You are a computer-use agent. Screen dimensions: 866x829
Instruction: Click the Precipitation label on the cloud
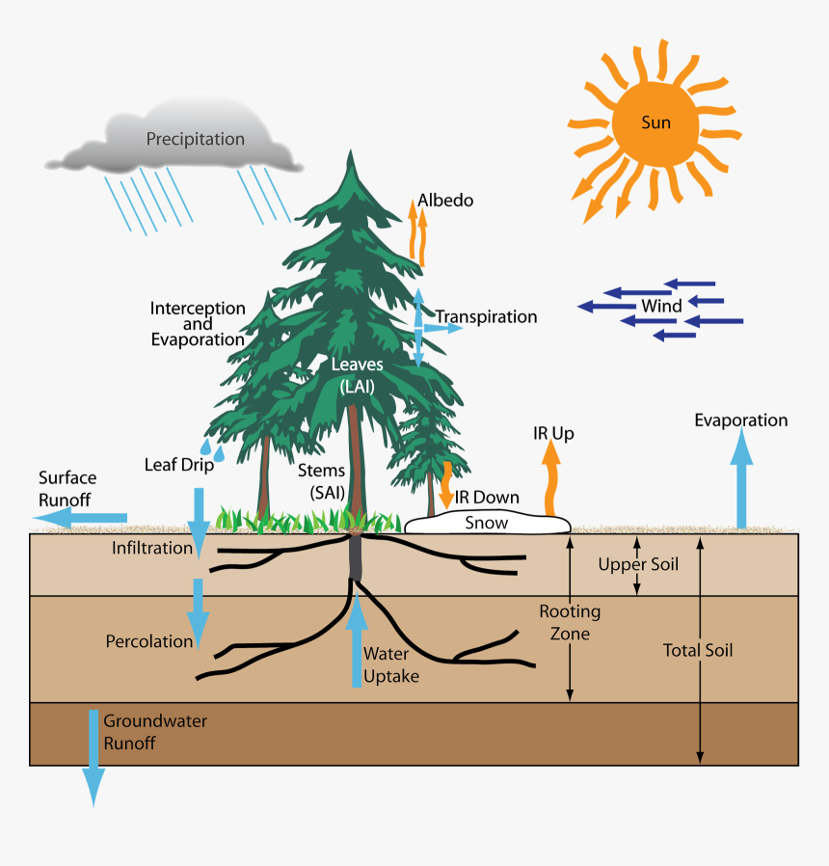195,139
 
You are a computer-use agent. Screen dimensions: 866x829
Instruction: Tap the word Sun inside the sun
655,122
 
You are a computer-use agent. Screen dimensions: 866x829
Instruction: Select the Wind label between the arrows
661,307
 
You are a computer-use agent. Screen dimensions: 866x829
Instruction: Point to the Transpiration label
486,317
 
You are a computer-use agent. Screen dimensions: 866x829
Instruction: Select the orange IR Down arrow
445,485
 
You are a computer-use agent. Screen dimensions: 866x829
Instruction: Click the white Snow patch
487,523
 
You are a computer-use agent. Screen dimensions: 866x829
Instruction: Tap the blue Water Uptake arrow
357,641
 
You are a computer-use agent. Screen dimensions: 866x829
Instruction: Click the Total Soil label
698,651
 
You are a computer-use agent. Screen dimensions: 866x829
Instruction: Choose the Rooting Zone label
569,622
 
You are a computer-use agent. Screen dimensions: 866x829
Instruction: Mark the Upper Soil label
638,564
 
